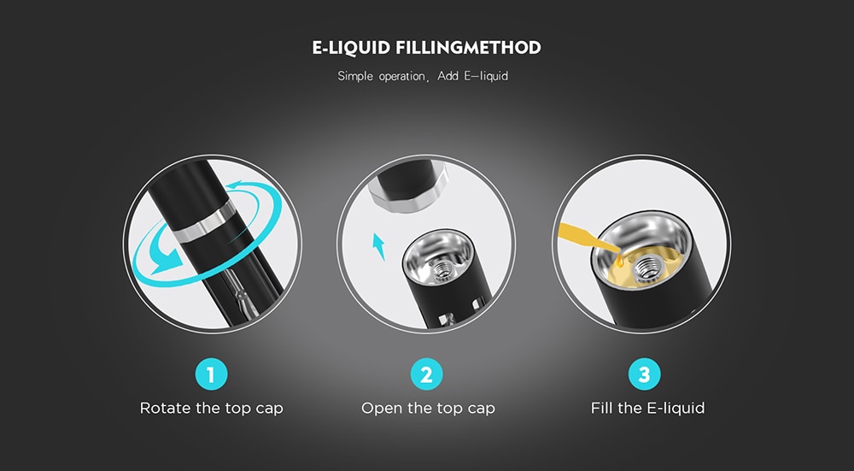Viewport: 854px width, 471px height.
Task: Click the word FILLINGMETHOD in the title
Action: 468,47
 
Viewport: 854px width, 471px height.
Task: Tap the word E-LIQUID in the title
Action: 351,47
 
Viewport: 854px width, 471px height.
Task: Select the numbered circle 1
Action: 211,374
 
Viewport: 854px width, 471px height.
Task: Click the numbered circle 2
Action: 426,374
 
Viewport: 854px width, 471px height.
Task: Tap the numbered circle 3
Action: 644,374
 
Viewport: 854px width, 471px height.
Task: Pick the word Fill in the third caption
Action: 602,408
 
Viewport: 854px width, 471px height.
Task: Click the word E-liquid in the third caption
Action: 676,409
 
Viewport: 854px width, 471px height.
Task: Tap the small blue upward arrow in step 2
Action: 378,246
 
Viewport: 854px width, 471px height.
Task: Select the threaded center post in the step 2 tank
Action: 442,268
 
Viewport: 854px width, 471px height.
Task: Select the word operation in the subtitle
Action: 401,77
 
